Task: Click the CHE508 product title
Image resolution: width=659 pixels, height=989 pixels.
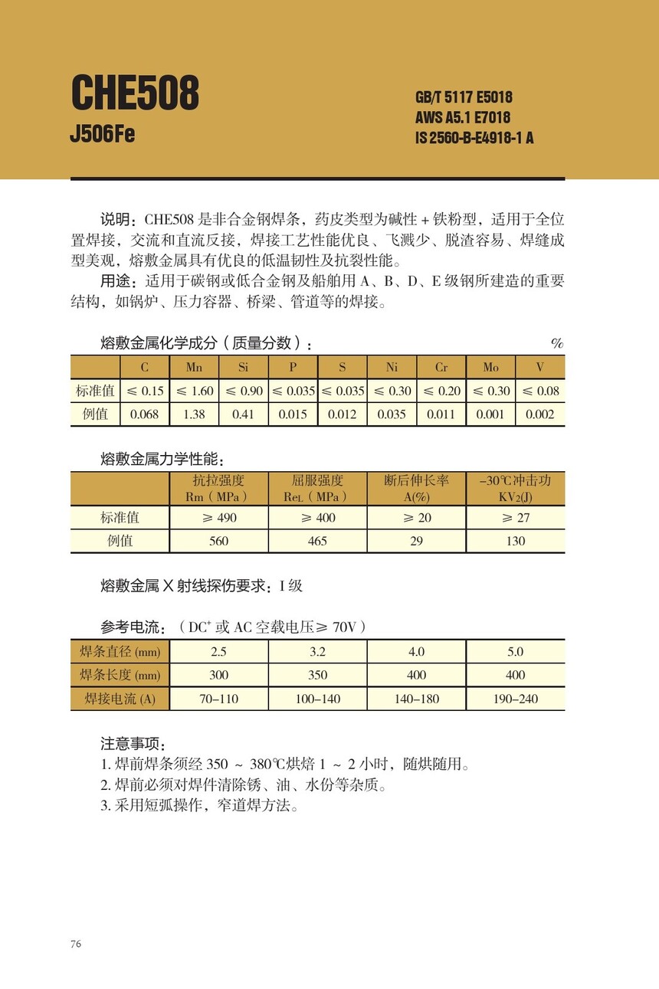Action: (x=135, y=94)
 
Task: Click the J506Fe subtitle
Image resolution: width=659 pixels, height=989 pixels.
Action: (x=102, y=135)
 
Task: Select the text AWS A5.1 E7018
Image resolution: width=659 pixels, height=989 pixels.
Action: (x=463, y=118)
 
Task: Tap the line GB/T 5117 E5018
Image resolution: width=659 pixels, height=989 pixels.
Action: (x=464, y=98)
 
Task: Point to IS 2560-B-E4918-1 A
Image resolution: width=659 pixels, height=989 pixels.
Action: (x=474, y=139)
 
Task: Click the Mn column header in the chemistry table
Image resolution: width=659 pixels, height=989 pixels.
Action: (x=194, y=368)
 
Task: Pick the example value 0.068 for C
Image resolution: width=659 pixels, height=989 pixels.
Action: (x=145, y=414)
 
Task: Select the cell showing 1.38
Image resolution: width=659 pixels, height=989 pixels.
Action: (x=194, y=414)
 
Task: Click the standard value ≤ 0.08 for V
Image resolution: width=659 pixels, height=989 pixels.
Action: (x=540, y=391)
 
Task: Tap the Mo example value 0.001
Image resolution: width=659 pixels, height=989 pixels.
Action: (x=490, y=414)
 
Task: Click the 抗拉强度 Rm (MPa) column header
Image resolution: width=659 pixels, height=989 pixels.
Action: (x=218, y=488)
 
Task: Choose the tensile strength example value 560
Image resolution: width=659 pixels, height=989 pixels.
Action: (x=218, y=541)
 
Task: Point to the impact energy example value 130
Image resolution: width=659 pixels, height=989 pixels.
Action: (x=516, y=541)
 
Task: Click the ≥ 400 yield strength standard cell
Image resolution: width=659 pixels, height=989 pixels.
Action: (x=317, y=518)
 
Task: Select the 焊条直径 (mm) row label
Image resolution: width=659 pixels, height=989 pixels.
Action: (x=120, y=652)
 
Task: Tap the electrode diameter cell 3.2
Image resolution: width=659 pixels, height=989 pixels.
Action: (x=317, y=652)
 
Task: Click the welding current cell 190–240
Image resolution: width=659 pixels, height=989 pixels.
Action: (x=516, y=699)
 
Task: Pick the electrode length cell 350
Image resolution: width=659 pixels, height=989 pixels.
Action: (x=317, y=675)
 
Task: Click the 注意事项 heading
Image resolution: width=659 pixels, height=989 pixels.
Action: (x=133, y=744)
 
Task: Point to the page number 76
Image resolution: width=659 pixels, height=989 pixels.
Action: (x=76, y=944)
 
